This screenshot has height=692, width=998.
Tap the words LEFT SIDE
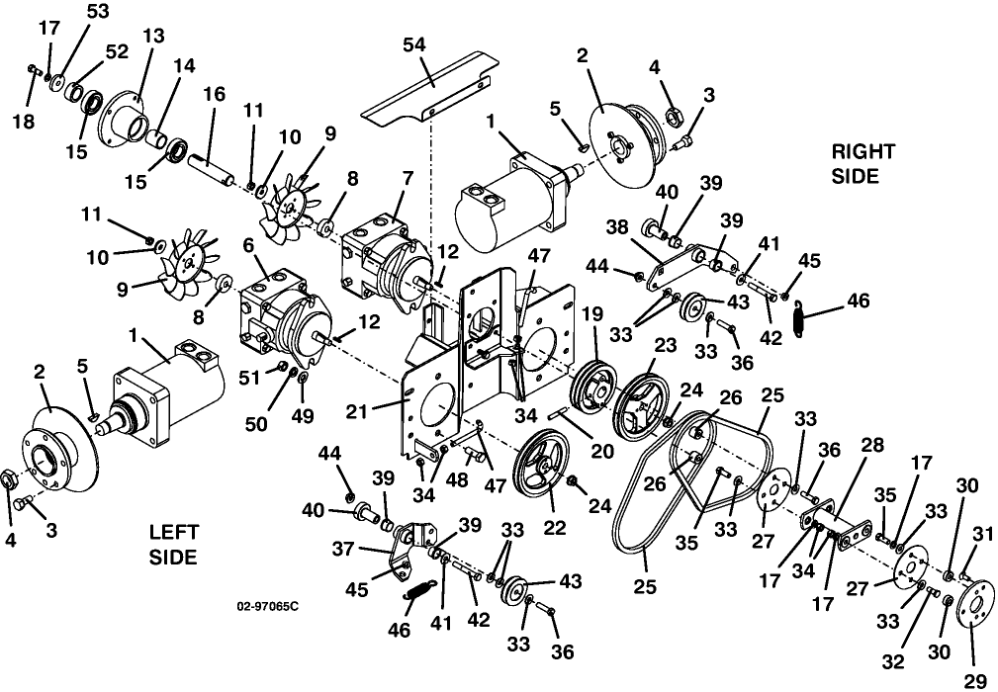(174, 545)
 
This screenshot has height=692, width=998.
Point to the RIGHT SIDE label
(863, 163)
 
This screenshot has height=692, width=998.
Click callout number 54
(414, 45)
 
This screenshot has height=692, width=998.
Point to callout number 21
(356, 411)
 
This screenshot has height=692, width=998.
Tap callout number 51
(249, 378)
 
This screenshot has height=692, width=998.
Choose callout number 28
(872, 446)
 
